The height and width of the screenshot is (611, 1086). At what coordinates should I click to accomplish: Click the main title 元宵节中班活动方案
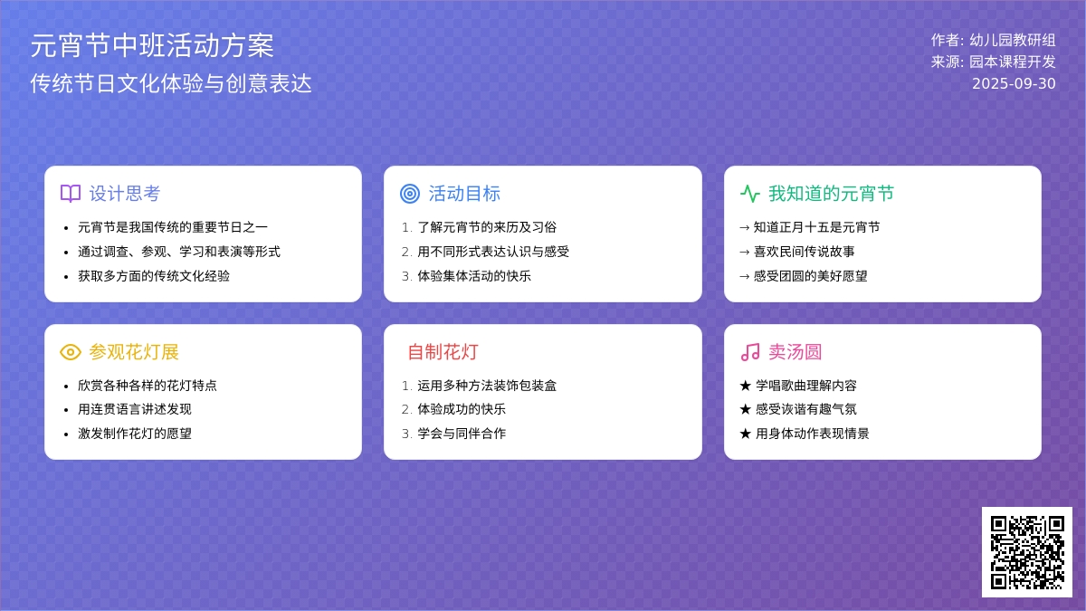[x=152, y=45]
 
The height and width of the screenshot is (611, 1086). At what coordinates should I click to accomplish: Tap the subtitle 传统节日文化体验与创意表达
[x=171, y=83]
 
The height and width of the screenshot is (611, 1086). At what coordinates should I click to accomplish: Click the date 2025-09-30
[x=1014, y=83]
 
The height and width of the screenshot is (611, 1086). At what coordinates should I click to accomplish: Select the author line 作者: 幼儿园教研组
[x=993, y=40]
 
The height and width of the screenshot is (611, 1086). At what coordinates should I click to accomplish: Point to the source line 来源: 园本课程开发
[x=993, y=62]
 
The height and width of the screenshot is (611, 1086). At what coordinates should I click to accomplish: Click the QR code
[x=1027, y=552]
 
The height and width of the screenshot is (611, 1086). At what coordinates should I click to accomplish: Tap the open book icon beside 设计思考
[x=71, y=194]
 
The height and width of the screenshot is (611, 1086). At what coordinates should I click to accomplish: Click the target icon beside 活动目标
[x=410, y=194]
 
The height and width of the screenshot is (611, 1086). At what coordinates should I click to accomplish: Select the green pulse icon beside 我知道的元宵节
[x=750, y=194]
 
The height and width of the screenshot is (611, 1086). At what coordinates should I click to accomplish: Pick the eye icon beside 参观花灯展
[x=71, y=352]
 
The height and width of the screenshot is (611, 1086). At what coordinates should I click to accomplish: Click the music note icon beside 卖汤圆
[x=750, y=352]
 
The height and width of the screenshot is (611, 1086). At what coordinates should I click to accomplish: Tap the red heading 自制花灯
[x=443, y=352]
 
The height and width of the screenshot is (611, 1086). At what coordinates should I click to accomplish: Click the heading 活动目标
[x=464, y=194]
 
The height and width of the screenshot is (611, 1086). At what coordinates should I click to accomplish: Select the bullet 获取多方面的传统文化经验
[x=154, y=276]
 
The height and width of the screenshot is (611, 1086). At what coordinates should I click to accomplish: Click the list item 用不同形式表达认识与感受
[x=493, y=252]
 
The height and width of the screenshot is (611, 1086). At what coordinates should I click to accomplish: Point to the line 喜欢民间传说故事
[x=804, y=252]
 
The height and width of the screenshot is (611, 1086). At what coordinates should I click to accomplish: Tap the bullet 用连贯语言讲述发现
[x=135, y=409]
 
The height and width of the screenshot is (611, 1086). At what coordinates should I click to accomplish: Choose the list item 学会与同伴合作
[x=462, y=434]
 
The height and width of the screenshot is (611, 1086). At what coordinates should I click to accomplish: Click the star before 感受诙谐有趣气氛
[x=745, y=409]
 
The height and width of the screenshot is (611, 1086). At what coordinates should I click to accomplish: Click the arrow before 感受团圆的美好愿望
[x=745, y=276]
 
